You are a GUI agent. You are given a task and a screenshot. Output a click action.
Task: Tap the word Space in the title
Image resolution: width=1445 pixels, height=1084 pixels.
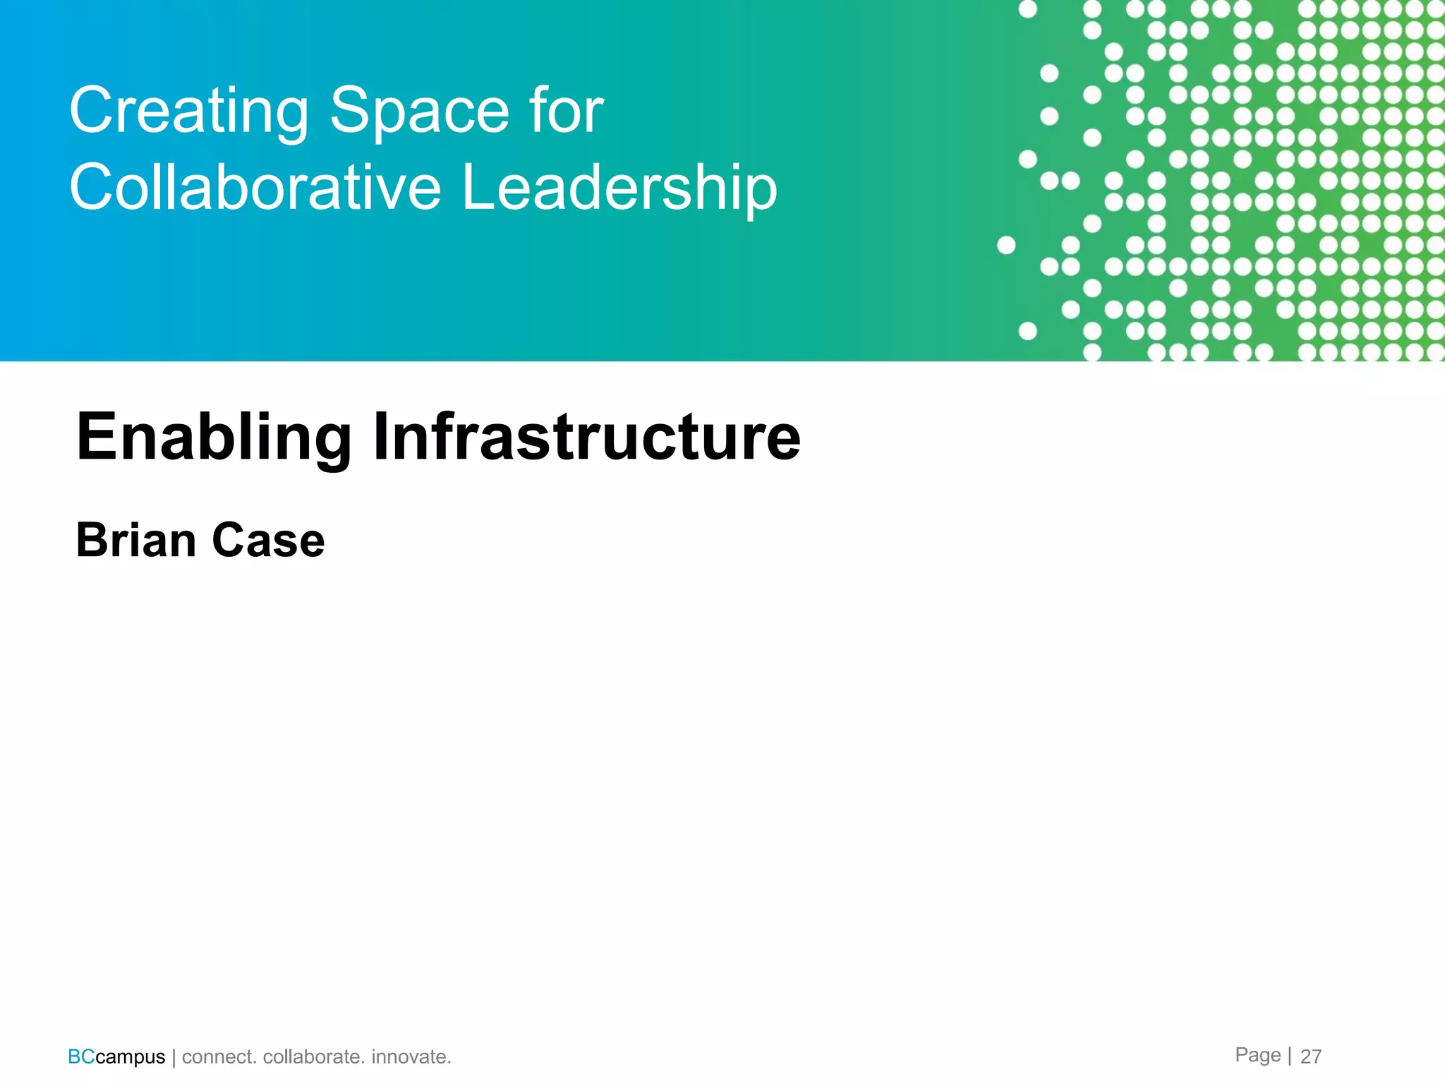[420, 112]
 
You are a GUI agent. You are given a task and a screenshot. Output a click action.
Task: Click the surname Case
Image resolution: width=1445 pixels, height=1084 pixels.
[268, 541]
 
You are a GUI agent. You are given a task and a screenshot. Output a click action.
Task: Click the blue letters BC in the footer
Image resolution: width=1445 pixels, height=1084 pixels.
[81, 1056]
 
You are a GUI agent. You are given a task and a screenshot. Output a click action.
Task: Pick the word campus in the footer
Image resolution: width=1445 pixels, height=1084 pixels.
[131, 1057]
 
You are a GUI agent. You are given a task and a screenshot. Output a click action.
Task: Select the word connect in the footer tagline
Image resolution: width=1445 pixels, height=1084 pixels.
[219, 1057]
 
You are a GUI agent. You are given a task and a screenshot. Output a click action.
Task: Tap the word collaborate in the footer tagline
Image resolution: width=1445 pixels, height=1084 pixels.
[313, 1057]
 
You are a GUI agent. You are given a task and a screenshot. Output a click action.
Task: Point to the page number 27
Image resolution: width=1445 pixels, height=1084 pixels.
[1311, 1056]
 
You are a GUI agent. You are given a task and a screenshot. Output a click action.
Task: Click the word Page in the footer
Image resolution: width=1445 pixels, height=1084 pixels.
[1257, 1055]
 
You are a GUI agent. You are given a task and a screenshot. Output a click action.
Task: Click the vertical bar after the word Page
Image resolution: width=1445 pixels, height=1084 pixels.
[1290, 1056]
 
